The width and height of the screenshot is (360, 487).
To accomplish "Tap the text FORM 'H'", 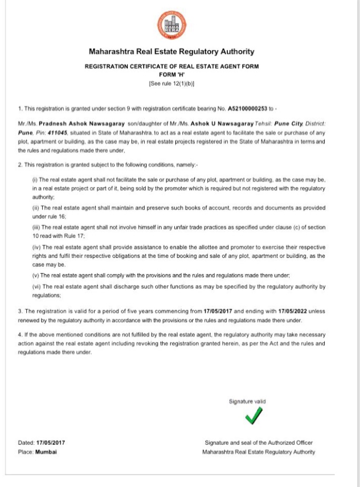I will (x=172, y=75).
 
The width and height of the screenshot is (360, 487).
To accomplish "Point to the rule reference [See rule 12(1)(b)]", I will (x=172, y=83).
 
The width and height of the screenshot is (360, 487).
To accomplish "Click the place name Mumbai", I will (x=46, y=451).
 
